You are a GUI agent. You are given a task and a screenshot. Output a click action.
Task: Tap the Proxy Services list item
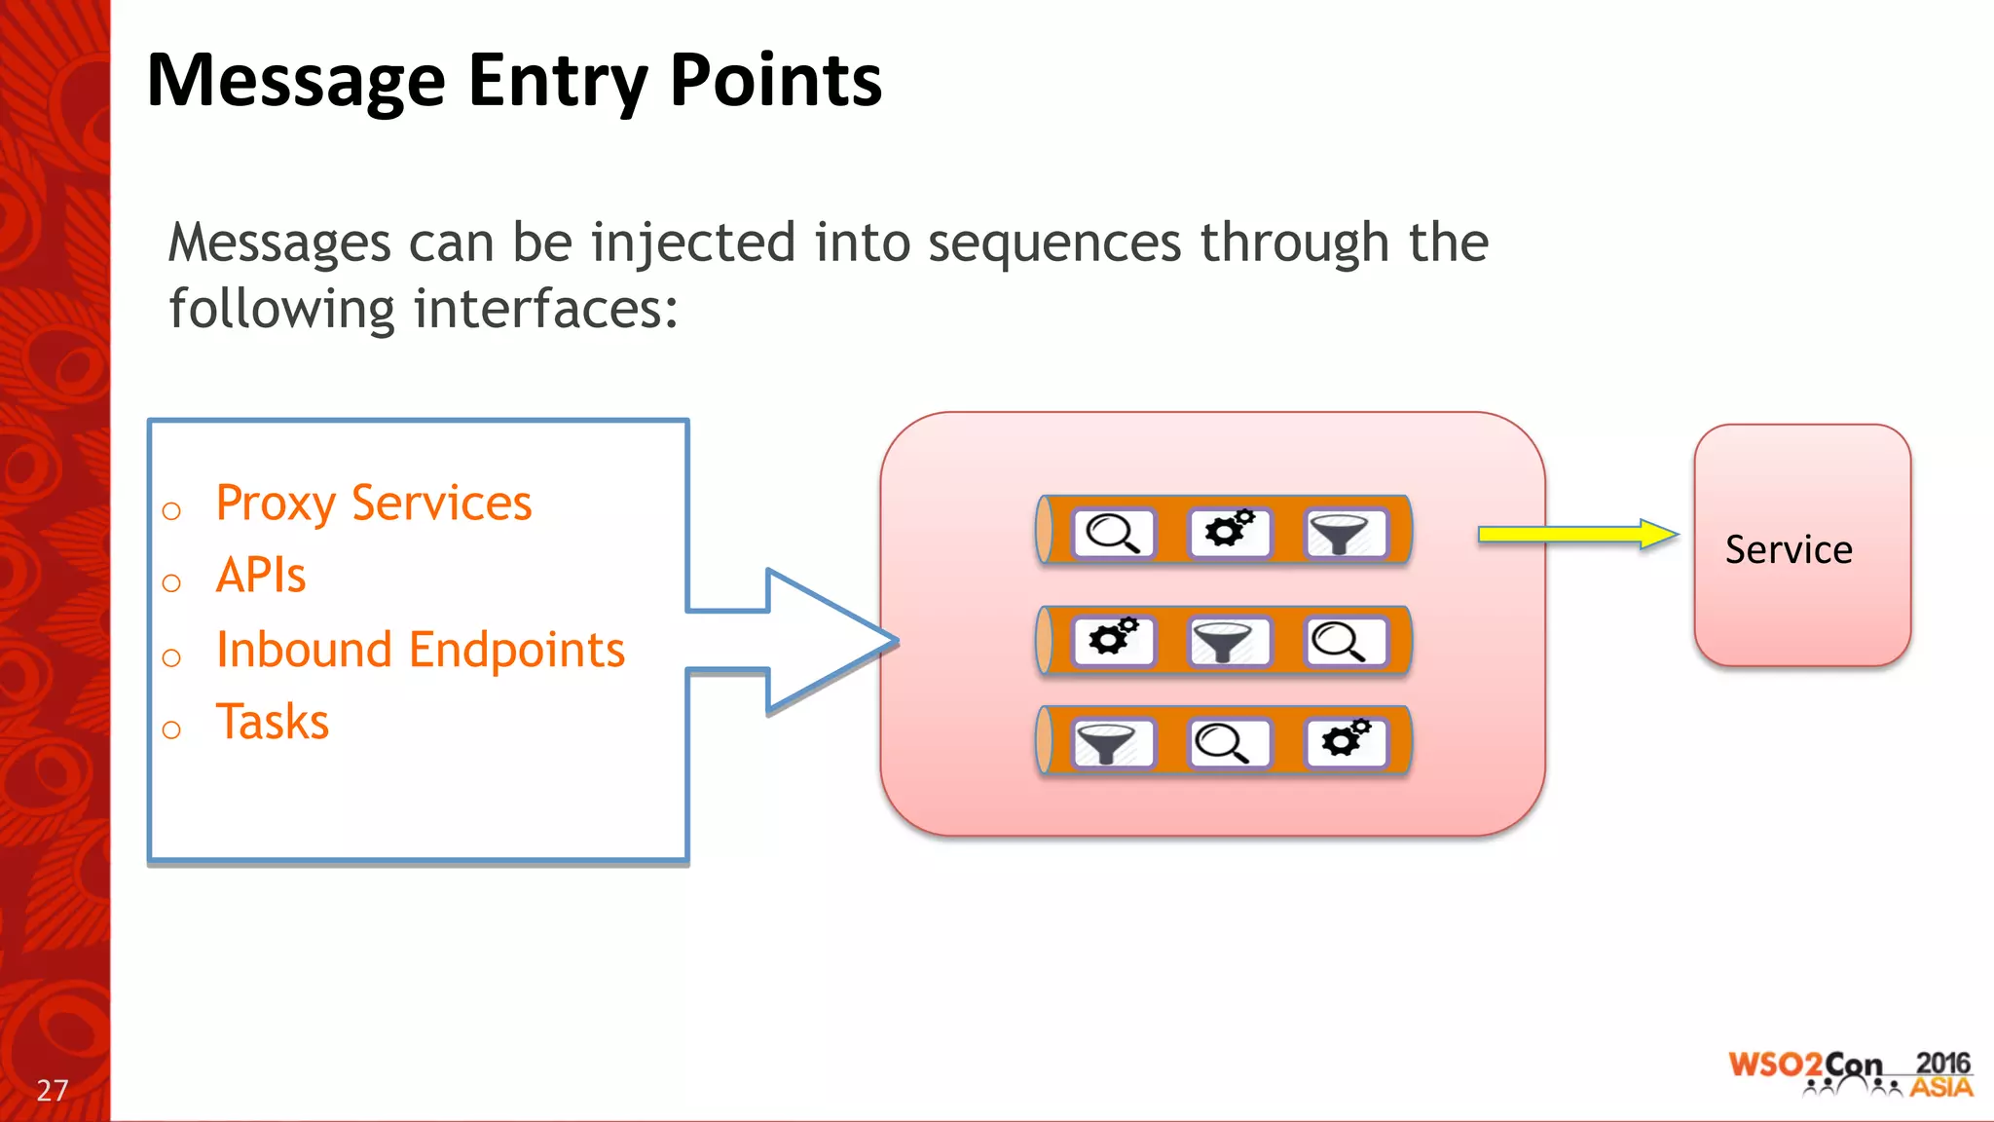373,504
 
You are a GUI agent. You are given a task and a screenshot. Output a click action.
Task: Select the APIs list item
261,575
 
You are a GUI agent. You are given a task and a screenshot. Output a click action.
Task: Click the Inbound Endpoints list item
420,650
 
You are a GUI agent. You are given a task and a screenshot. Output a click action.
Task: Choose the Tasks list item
273,722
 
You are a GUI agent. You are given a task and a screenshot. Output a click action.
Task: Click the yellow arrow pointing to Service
1576,534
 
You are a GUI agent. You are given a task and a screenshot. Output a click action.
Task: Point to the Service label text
1789,549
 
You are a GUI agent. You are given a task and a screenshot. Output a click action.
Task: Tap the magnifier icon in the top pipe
1113,533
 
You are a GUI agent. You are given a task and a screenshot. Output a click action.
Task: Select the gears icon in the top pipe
1229,531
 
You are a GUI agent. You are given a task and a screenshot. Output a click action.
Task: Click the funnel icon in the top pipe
1343,533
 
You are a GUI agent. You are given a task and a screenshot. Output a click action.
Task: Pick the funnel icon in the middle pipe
1228,642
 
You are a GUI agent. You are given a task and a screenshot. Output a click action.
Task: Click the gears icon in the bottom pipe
1344,741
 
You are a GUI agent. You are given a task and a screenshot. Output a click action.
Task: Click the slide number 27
53,1090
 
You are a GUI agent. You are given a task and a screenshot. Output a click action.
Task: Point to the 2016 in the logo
1941,1064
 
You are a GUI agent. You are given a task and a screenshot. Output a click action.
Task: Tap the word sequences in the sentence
1053,243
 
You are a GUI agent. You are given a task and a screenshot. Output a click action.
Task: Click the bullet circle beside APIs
171,583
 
